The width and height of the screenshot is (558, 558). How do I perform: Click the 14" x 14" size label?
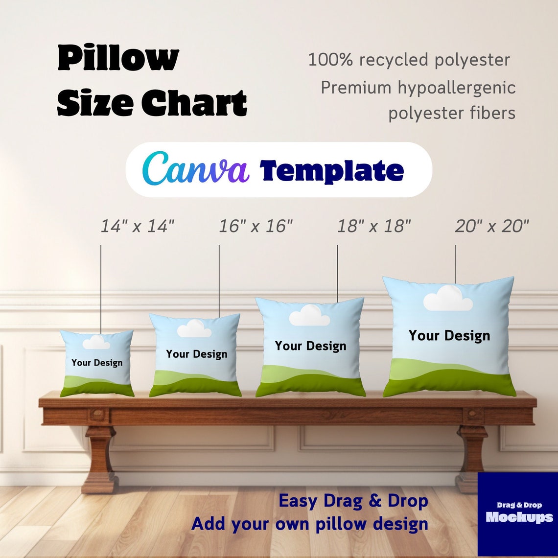point(138,226)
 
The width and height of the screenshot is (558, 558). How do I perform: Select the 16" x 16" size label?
point(256,226)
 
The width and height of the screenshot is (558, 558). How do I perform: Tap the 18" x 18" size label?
point(374,226)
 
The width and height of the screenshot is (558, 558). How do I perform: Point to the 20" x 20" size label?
point(492,226)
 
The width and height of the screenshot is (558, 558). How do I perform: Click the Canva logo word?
point(195,169)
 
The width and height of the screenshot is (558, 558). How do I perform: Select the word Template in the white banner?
point(332,171)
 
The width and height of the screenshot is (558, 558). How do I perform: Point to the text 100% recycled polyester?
point(409,60)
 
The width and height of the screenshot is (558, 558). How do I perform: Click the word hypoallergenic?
point(456,88)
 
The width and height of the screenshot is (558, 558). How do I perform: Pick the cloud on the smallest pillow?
point(96,342)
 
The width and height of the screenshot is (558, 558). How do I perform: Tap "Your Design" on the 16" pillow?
point(196,354)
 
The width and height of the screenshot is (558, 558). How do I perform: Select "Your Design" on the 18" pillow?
point(310,346)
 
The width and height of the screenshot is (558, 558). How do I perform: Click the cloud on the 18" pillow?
point(309,316)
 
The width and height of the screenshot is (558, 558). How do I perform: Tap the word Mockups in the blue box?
point(519,517)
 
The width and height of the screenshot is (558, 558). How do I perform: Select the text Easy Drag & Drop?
point(353,501)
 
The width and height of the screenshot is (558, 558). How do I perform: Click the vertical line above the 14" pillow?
point(101,289)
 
